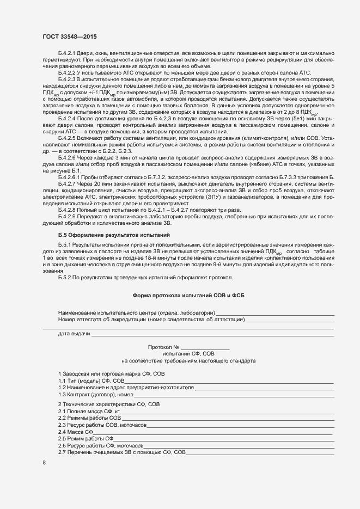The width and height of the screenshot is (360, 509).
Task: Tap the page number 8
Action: click(x=44, y=463)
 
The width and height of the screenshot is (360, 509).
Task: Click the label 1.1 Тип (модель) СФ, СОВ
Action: click(x=91, y=381)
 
